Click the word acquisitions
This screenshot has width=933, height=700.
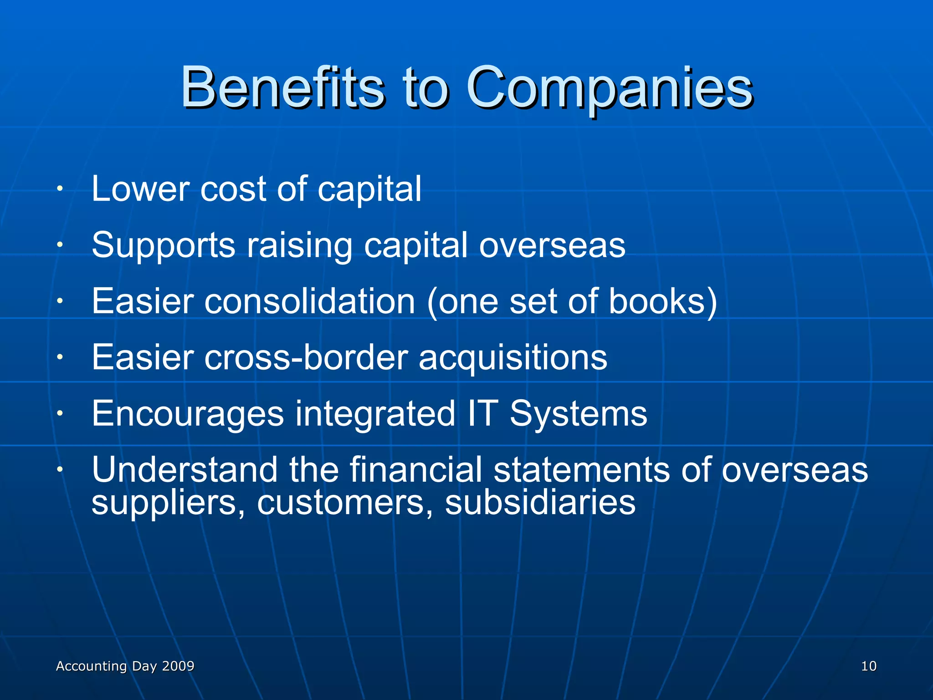[513, 358]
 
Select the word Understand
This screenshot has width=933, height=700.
[185, 469]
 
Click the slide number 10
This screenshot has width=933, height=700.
[868, 666]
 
